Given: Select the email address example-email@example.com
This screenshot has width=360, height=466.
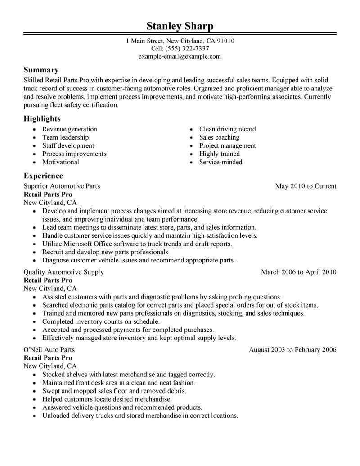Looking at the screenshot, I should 180,56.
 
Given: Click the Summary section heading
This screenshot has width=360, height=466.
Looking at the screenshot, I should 41,70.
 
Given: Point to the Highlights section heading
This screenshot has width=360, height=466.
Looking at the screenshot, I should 42,119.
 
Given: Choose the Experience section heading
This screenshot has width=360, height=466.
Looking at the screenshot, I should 43,176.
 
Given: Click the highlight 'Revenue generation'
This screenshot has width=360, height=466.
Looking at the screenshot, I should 69,129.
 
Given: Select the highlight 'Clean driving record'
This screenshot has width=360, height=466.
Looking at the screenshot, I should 227,129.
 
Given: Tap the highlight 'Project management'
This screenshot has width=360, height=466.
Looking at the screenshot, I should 227,145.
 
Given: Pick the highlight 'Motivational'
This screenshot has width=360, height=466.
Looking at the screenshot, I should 60,162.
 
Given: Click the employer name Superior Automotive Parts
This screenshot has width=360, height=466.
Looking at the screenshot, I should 62,186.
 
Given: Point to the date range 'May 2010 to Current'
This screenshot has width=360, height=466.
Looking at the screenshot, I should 306,186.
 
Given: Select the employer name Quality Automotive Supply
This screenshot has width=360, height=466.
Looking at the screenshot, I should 63,272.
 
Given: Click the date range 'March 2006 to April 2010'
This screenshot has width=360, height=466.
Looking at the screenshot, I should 298,272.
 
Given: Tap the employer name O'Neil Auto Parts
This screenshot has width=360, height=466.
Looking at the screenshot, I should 49,349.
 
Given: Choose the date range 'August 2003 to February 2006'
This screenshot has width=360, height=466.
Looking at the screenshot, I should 292,349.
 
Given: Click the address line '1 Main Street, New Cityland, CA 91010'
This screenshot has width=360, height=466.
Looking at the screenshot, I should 180,41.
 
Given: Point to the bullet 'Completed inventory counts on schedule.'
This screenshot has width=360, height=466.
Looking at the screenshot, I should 101,321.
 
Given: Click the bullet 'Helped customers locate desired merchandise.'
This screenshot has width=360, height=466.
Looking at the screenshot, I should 107,399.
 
